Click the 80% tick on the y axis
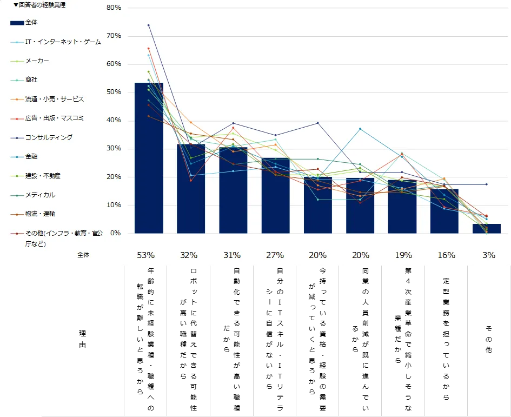[x=114, y=8]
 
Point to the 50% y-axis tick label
[x=114, y=92]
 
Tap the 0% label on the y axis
[x=116, y=234]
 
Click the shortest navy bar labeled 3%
[x=487, y=229]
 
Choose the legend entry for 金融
[x=32, y=157]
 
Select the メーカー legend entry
[x=37, y=61]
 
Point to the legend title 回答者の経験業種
[x=42, y=5]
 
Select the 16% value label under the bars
[x=447, y=255]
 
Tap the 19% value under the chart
[x=403, y=255]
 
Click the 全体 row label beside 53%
[x=83, y=255]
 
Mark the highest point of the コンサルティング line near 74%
[x=149, y=25]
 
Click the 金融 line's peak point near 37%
[x=360, y=129]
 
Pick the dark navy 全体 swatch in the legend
[x=17, y=23]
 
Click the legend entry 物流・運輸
[x=40, y=214]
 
